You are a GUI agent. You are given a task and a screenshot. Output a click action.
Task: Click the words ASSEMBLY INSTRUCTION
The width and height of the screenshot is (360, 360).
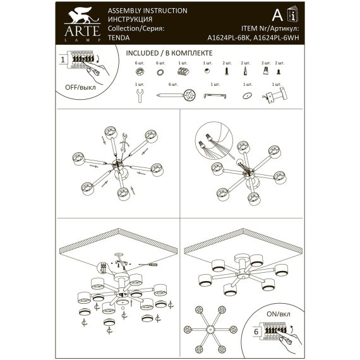(148, 11)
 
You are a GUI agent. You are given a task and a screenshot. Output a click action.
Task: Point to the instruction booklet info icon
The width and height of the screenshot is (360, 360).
(291, 15)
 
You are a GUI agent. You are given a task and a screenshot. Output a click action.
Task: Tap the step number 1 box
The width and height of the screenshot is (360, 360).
(63, 60)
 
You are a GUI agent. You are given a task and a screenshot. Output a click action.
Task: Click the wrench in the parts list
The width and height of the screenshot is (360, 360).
(138, 95)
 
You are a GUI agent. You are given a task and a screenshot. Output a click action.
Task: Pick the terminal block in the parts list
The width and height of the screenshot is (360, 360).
(184, 73)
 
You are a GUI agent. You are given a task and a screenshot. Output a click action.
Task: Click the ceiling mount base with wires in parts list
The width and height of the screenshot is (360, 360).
(277, 96)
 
